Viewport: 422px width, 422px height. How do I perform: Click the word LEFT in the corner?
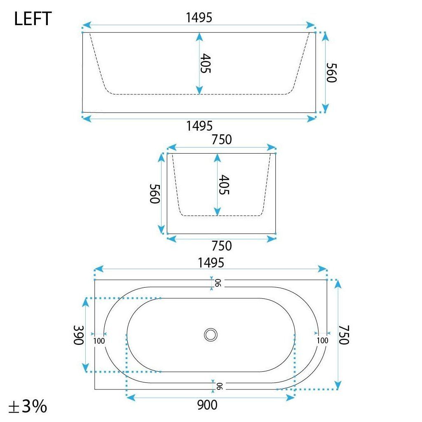click(33, 19)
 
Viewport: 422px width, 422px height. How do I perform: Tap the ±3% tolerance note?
click(28, 406)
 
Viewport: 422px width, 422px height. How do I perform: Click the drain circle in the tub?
click(211, 335)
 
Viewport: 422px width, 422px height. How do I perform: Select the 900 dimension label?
click(207, 405)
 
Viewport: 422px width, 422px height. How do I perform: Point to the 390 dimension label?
click(79, 335)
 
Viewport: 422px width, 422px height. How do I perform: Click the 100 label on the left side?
click(99, 341)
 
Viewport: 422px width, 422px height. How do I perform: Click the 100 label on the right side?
click(322, 340)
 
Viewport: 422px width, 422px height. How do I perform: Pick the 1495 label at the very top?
click(199, 18)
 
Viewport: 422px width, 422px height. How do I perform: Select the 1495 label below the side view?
click(199, 126)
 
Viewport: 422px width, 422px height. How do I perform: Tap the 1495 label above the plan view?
click(211, 263)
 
